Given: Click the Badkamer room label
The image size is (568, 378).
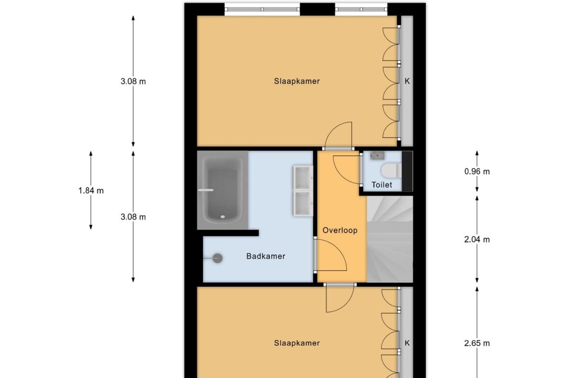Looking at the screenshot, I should (265, 256).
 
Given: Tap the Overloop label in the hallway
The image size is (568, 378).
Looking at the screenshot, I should (340, 230).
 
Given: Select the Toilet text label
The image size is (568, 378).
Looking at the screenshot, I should (382, 185).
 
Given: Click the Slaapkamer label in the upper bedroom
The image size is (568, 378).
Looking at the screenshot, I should (297, 81).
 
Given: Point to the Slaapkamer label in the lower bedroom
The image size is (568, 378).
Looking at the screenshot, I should (297, 344).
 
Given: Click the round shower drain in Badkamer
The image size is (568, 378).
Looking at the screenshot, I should (217, 258).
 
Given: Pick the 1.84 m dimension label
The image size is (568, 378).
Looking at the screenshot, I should (91, 191).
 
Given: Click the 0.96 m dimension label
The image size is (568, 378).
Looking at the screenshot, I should (477, 172).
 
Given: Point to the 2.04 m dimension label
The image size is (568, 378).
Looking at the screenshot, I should (477, 240).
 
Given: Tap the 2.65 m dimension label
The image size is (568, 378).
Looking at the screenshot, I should (477, 344).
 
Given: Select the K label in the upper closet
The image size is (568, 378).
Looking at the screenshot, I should (407, 81).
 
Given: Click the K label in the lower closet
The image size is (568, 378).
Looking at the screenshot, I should (407, 344).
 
